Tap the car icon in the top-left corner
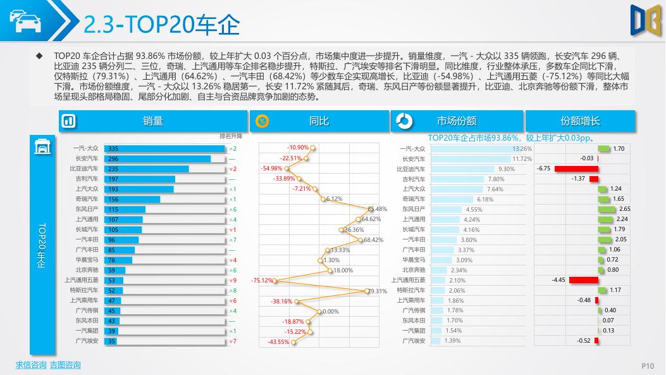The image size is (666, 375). (25, 22)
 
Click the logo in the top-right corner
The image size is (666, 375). (646, 20)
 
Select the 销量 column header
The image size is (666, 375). (152, 121)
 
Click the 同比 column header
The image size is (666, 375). (319, 121)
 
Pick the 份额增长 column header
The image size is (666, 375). (580, 121)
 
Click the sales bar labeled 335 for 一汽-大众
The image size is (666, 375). (164, 149)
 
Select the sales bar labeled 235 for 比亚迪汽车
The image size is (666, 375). (146, 169)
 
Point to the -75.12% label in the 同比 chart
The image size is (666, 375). (262, 281)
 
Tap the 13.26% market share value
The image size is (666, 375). (522, 149)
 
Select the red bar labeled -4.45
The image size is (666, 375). (583, 280)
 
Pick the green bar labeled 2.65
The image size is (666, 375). (607, 209)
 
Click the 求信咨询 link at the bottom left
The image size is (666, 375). (31, 365)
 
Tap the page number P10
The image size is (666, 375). (648, 365)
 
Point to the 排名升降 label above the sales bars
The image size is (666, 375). (230, 136)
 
